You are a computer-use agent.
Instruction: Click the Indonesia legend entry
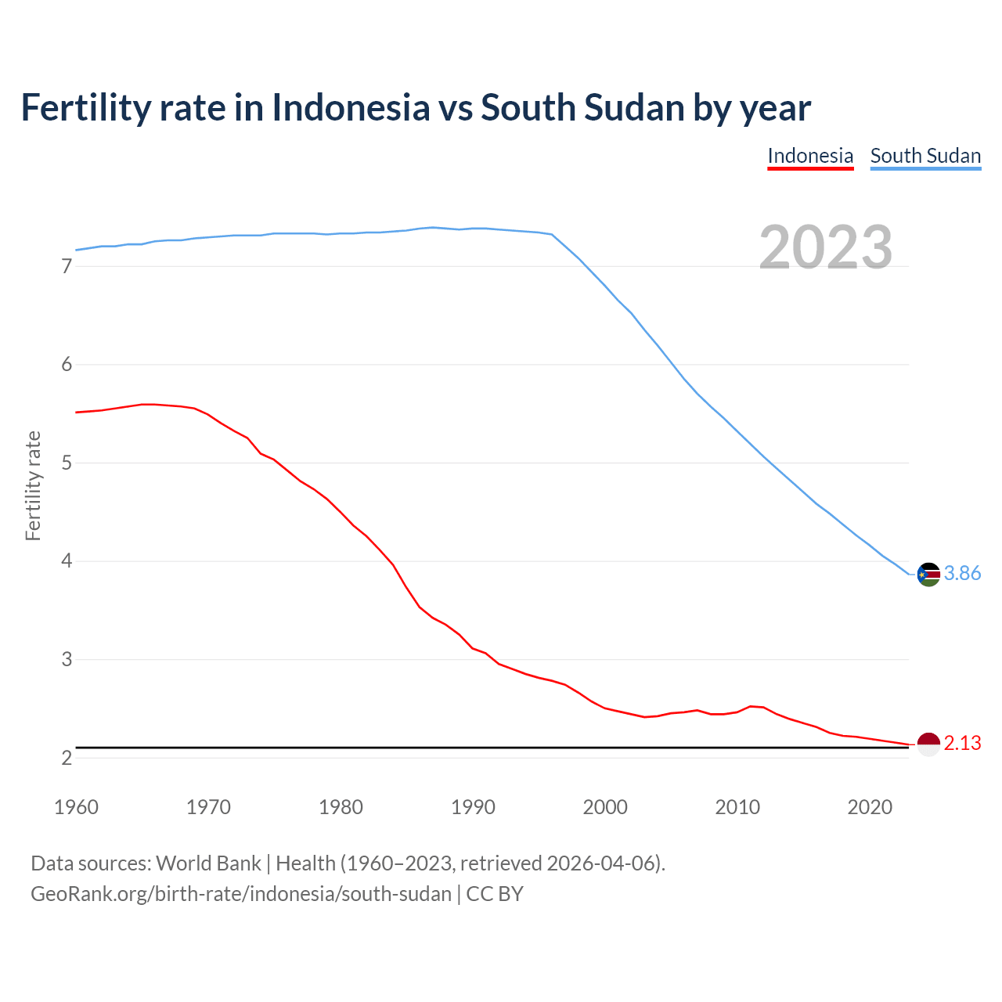(810, 156)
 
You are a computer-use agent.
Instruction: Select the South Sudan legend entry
(925, 156)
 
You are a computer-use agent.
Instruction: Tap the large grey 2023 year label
(826, 247)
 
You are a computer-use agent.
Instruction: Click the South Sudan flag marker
(928, 574)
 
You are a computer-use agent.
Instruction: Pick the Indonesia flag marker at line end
(928, 744)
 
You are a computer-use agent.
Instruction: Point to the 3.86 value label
(962, 574)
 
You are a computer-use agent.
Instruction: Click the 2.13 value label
(962, 744)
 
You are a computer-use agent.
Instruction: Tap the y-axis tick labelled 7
(67, 267)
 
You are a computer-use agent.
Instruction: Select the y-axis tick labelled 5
(67, 463)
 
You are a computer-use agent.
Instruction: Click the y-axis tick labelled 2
(67, 758)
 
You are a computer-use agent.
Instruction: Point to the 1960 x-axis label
(76, 807)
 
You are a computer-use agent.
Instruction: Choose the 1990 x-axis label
(473, 807)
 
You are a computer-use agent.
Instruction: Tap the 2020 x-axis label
(870, 807)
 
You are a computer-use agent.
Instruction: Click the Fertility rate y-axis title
(33, 485)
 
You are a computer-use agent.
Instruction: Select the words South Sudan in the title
(582, 107)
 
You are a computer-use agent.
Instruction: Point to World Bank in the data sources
(208, 863)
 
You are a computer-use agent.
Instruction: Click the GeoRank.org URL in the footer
(241, 894)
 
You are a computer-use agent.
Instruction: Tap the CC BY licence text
(495, 894)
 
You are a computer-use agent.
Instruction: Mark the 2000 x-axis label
(605, 807)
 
